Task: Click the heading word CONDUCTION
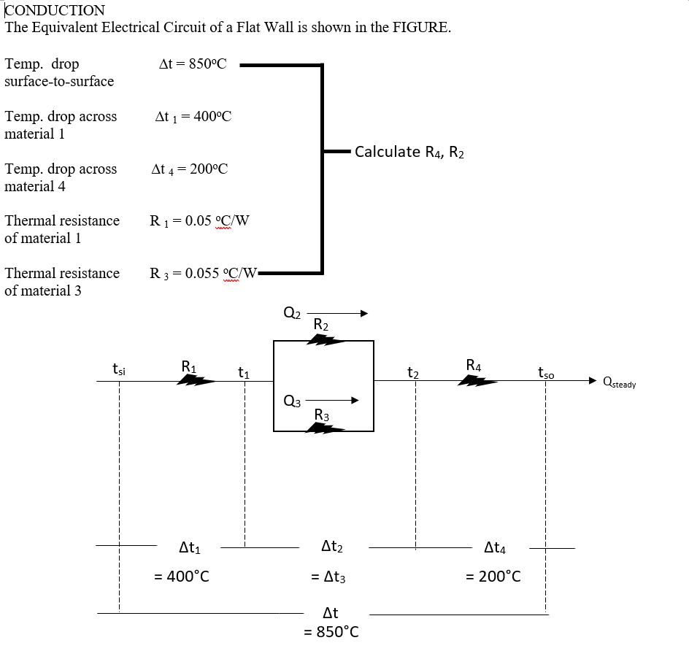55,11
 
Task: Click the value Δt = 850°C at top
193,64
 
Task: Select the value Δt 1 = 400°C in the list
193,117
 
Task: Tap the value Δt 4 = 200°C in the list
190,169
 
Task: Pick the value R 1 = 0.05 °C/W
199,220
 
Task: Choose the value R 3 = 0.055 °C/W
203,274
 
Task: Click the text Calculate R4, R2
409,153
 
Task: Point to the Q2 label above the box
291,314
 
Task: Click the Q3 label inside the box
290,400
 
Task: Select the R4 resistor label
473,365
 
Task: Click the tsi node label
118,370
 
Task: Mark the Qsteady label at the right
619,382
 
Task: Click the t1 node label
244,372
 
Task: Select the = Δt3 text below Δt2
328,577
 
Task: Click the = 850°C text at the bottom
331,631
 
